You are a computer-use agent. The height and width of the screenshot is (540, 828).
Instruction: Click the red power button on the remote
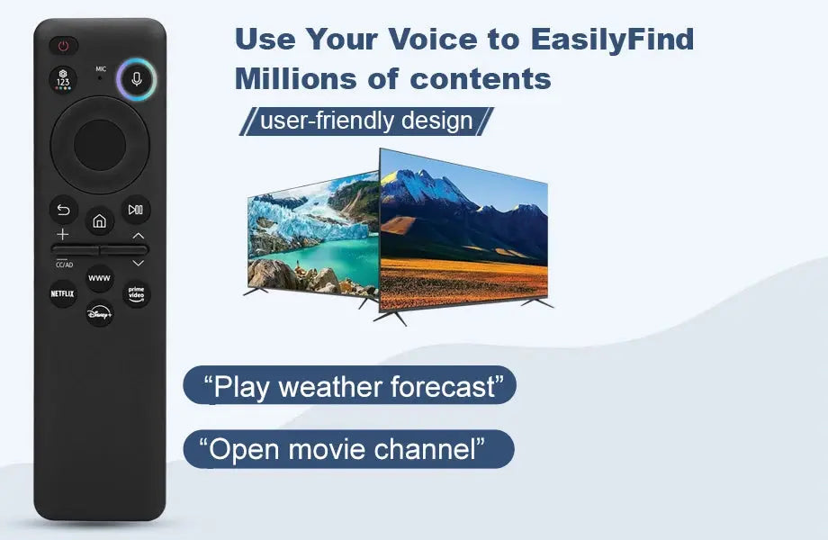(x=64, y=45)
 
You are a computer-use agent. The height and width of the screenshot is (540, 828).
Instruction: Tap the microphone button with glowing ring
(x=137, y=78)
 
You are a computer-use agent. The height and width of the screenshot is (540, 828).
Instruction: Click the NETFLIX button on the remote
(x=62, y=293)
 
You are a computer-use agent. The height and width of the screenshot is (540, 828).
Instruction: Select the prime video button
(x=136, y=292)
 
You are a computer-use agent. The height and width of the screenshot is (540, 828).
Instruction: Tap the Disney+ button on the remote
(x=99, y=313)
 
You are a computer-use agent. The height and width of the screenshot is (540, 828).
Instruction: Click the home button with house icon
(x=99, y=220)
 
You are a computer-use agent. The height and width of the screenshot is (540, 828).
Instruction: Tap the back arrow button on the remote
(x=63, y=210)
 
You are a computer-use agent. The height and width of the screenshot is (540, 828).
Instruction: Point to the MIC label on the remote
(x=101, y=68)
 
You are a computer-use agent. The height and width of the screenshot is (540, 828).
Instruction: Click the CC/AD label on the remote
(x=64, y=265)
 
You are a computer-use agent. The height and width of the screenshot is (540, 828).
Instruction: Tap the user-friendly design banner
(x=365, y=121)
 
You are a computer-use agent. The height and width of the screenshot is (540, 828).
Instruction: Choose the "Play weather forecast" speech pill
(x=349, y=386)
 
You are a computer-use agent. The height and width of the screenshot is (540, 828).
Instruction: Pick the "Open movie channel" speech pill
(x=348, y=448)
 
